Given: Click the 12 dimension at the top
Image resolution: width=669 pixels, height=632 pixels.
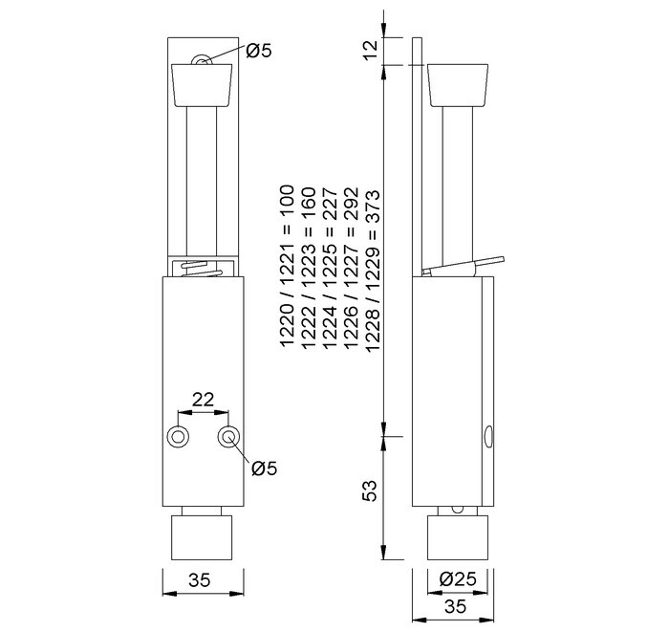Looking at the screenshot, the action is click(x=372, y=51).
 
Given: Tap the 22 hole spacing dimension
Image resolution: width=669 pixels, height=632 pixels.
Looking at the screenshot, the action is click(x=203, y=400).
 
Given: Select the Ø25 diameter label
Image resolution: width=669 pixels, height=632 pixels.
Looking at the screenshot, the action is click(x=458, y=579).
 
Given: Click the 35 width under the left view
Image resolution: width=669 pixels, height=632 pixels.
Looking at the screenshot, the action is click(x=200, y=580).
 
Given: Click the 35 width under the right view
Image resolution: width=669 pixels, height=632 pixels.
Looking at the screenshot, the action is click(x=455, y=606).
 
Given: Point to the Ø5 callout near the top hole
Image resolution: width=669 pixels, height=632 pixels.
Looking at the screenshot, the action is click(x=259, y=51).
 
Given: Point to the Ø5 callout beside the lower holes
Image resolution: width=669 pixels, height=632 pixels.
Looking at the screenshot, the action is click(x=264, y=469).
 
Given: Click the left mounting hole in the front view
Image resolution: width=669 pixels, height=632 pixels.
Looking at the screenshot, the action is click(x=178, y=437).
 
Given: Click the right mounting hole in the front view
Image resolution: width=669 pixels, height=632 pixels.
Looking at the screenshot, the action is click(x=228, y=437).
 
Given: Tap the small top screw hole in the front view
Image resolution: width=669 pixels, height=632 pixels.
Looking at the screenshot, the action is click(x=201, y=60).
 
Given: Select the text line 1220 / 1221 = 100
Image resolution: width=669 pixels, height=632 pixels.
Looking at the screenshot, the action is click(x=287, y=266).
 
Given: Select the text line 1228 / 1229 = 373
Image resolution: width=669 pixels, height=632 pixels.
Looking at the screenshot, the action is click(x=372, y=271).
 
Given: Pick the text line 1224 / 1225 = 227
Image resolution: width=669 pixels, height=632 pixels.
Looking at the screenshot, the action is click(x=330, y=268).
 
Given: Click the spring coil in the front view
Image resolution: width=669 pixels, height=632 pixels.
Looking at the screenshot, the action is click(x=202, y=269).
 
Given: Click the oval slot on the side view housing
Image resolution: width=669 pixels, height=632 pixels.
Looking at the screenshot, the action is click(x=488, y=437).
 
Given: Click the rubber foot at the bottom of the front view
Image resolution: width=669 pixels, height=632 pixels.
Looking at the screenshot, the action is click(x=202, y=537).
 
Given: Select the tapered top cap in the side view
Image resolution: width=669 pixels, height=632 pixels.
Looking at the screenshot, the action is click(x=458, y=85).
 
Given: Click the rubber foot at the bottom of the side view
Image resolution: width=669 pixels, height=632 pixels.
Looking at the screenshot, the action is click(x=458, y=537).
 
